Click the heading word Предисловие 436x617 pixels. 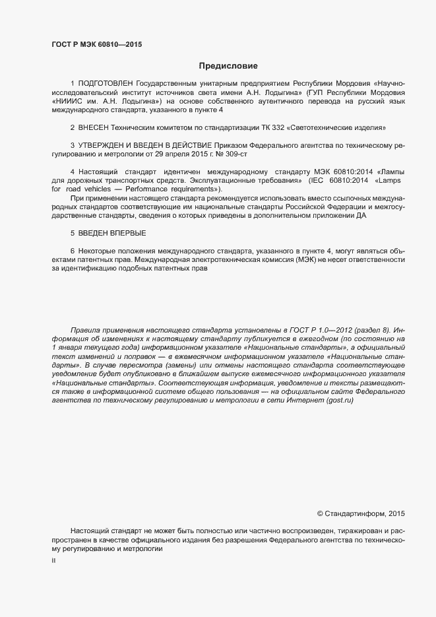click(x=228, y=66)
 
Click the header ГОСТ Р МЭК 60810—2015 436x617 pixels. click(x=97, y=44)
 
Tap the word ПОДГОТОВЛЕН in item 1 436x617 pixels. click(x=106, y=84)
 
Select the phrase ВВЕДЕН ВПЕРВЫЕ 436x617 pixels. click(x=112, y=233)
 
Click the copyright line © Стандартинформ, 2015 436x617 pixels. click(x=361, y=513)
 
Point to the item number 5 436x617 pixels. click(x=73, y=233)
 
